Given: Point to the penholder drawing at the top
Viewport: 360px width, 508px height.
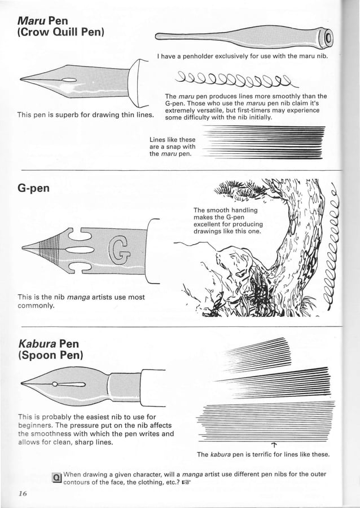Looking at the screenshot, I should tap(243, 36).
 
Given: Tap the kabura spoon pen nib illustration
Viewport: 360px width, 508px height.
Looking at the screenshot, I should tap(85, 384).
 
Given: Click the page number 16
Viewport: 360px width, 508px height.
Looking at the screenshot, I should tap(23, 492).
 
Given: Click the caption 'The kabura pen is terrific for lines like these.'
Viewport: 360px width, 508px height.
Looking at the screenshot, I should tap(263, 454).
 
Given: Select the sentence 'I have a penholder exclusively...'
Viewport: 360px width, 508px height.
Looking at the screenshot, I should tap(243, 56).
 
